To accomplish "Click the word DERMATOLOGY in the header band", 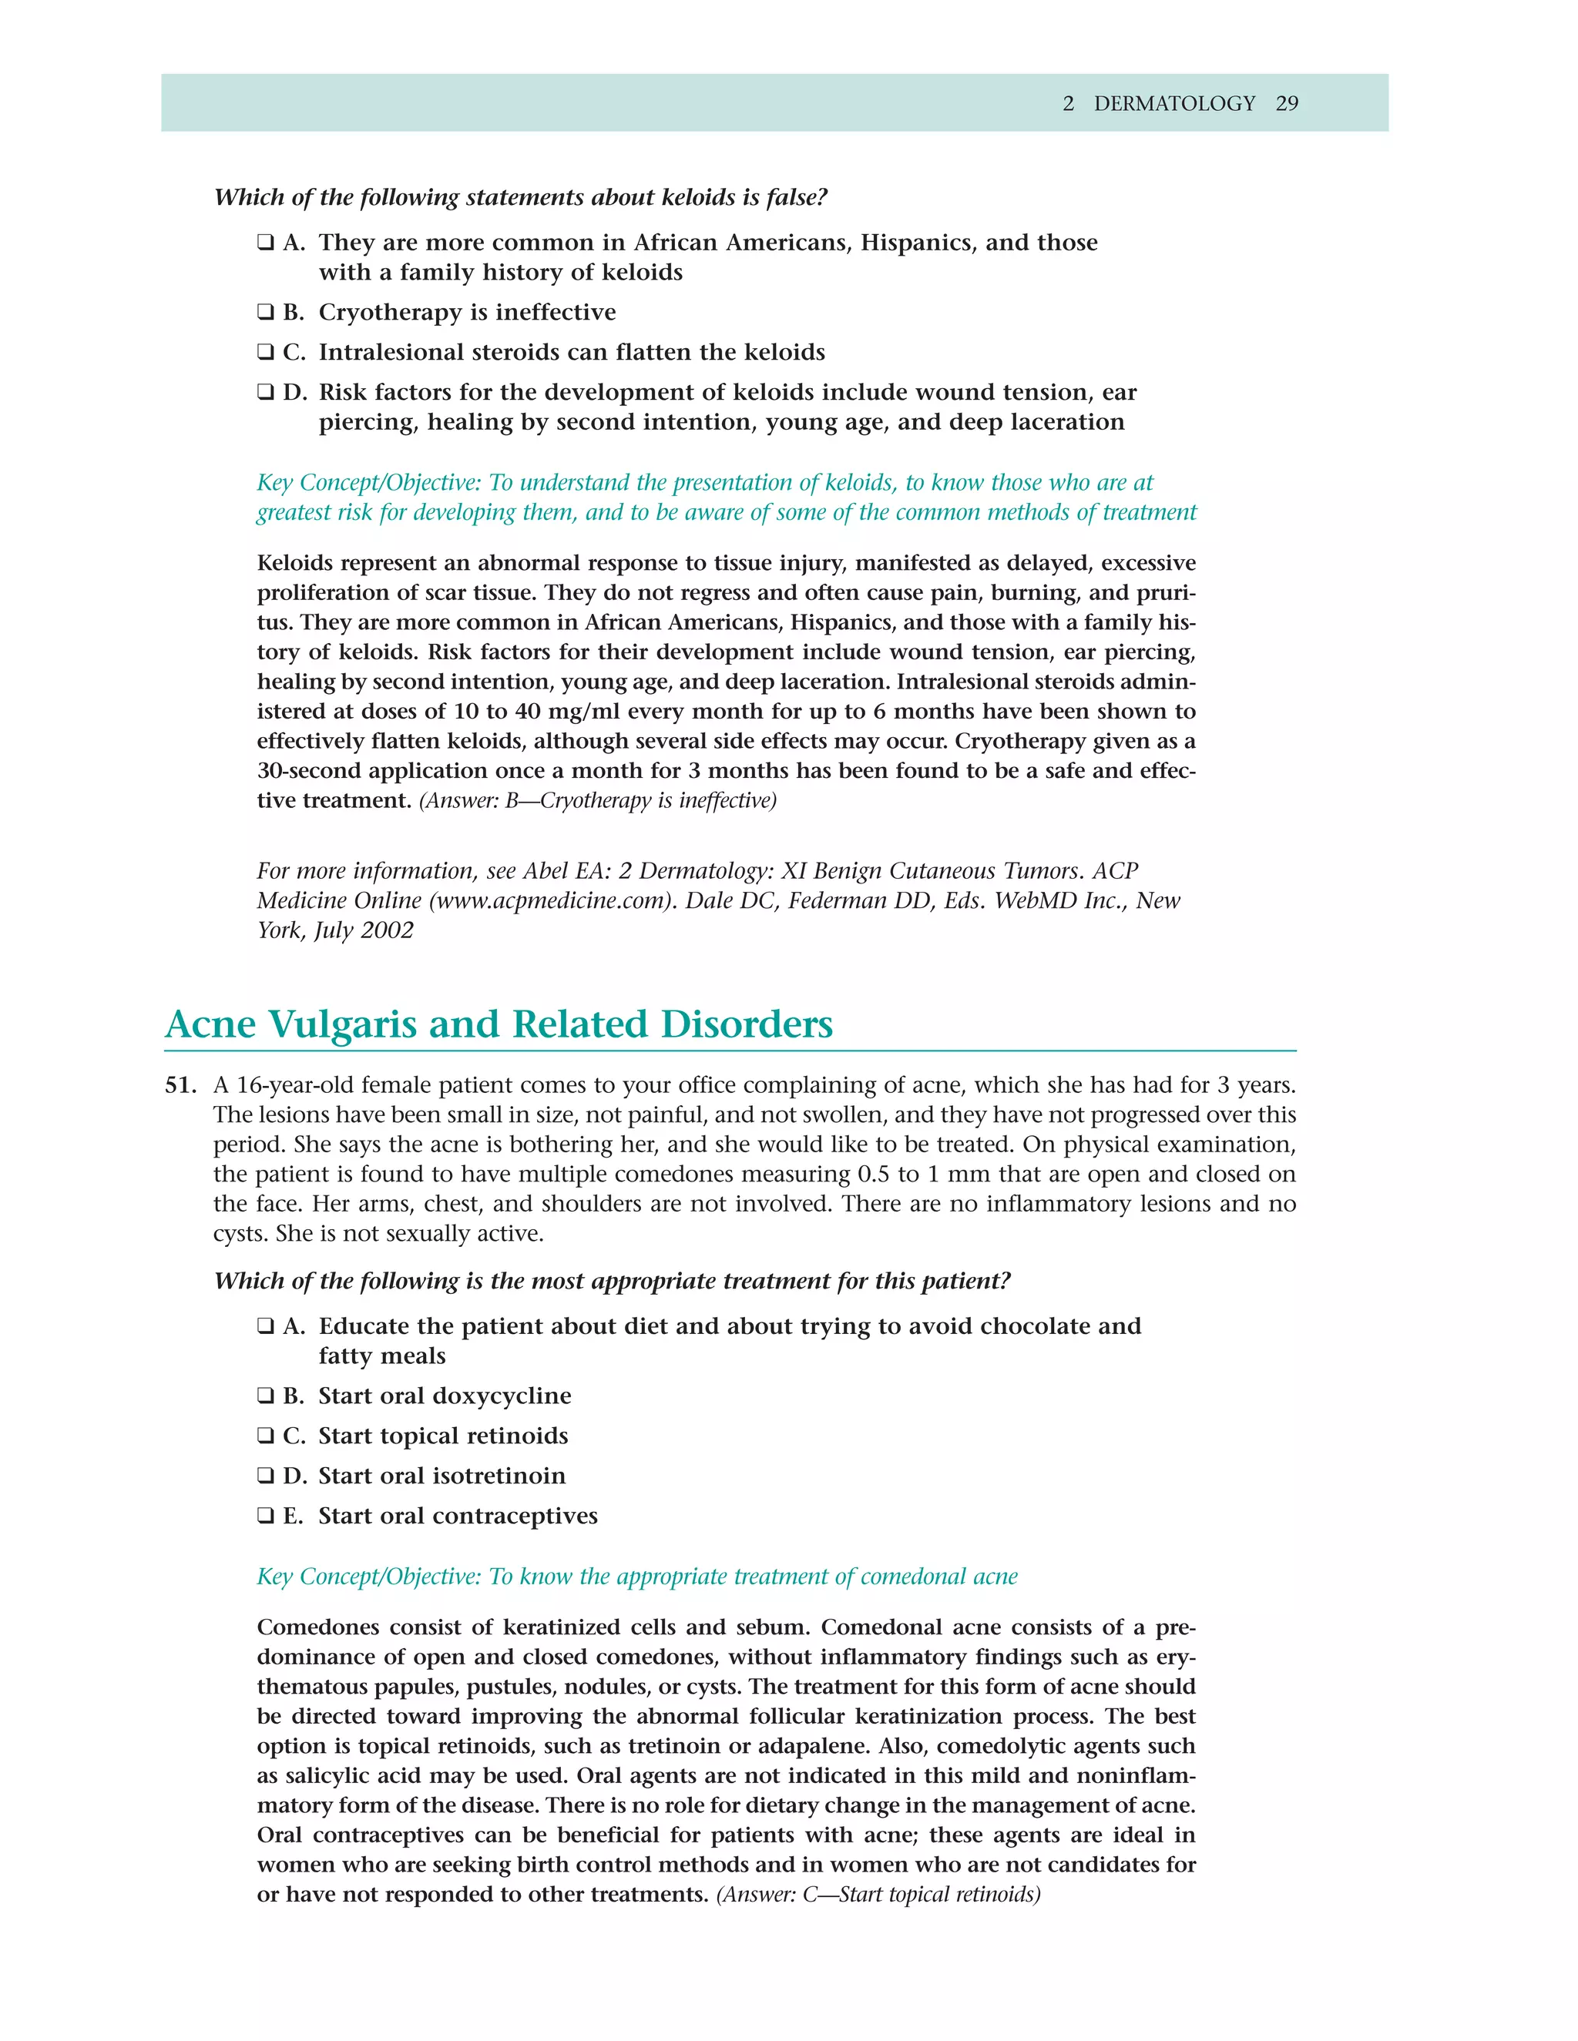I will point(1174,104).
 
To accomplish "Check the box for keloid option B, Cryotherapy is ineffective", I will point(266,312).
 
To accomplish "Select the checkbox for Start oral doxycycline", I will point(266,1396).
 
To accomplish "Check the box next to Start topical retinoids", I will point(266,1436).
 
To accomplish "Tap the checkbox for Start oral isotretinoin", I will point(266,1476).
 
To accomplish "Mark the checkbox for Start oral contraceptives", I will point(266,1517).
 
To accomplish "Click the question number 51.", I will point(180,1086).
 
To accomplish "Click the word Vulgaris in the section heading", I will point(342,1024).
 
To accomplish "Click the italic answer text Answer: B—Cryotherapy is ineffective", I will point(598,801).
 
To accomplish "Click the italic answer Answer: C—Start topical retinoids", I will point(878,1895).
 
